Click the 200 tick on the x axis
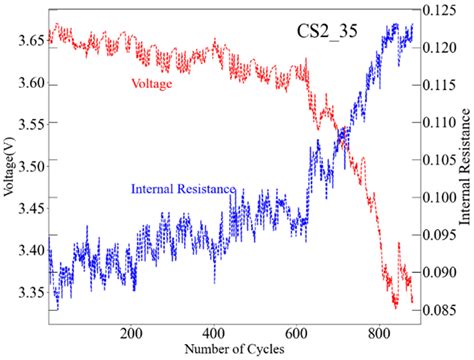click(x=133, y=334)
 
